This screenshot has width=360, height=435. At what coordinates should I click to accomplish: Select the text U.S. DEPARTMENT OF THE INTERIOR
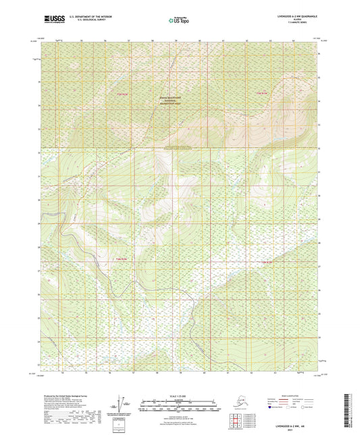coord(86,14)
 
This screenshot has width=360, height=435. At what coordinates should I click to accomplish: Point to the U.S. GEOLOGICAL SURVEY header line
coord(84,18)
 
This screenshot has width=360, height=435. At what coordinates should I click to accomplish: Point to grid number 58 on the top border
coord(153,41)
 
